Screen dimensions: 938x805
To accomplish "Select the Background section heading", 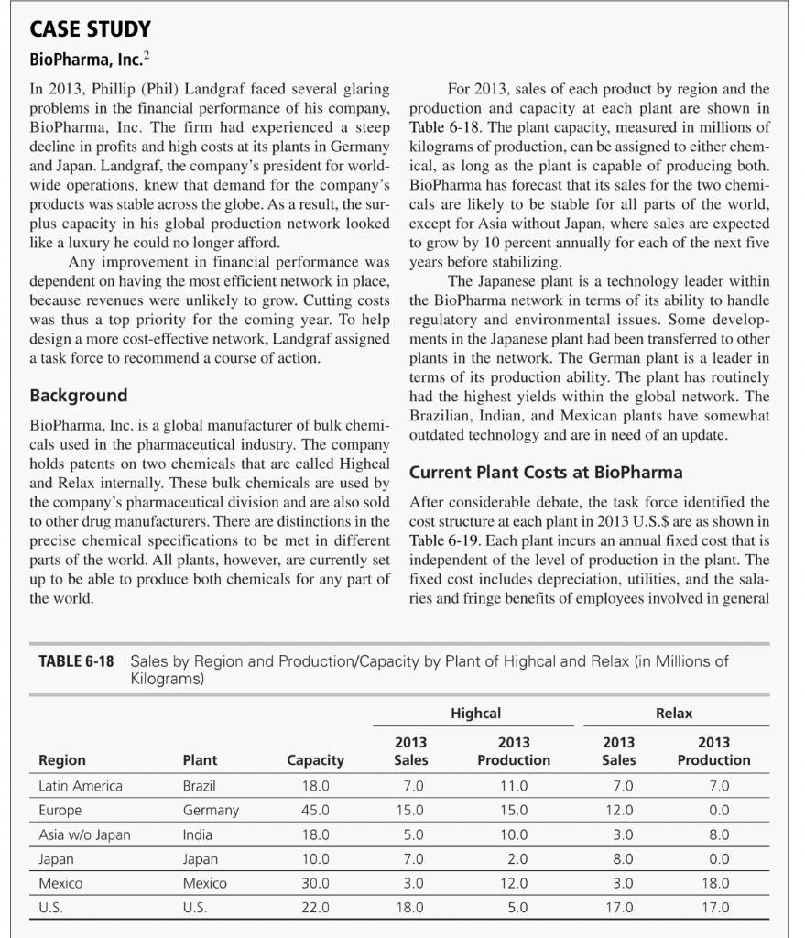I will click(x=79, y=396).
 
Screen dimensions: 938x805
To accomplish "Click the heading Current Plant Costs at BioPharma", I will click(x=546, y=473).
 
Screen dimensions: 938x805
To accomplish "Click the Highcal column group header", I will click(x=475, y=712).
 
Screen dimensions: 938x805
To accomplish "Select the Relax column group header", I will click(x=674, y=712).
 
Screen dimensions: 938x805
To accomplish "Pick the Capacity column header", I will click(x=316, y=759).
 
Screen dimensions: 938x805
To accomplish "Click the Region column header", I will click(x=62, y=759).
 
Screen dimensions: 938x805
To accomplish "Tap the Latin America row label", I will click(x=81, y=786).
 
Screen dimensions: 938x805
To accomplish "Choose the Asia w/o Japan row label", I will click(x=84, y=834).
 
